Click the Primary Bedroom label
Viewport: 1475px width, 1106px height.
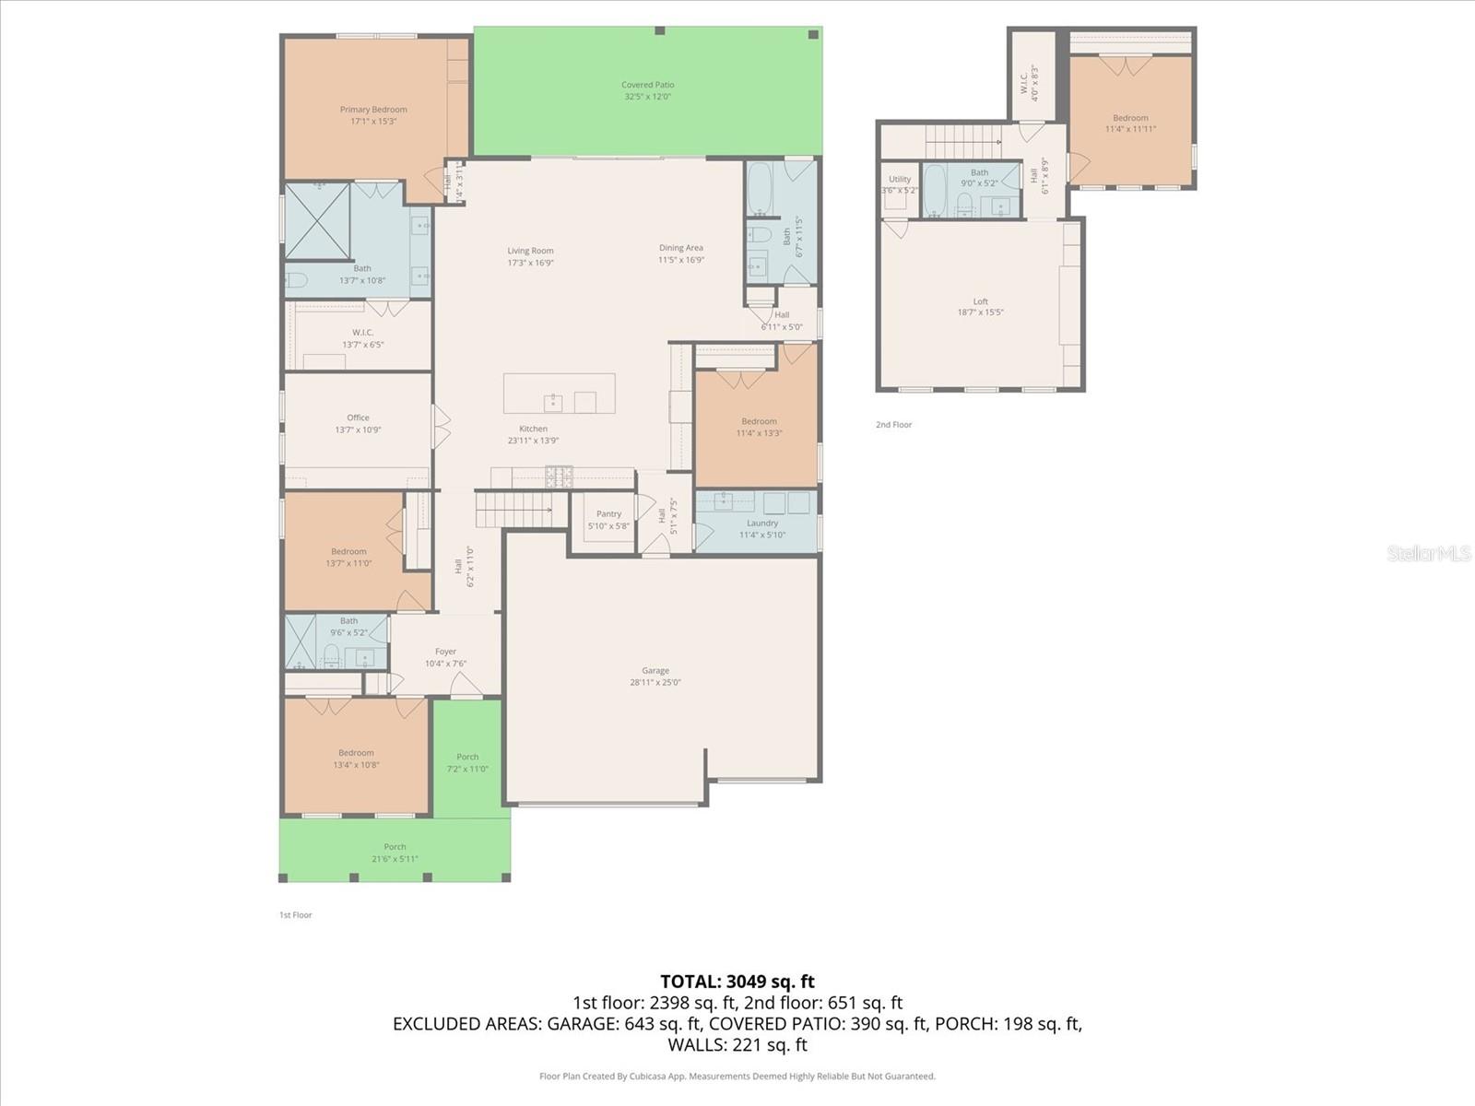(373, 110)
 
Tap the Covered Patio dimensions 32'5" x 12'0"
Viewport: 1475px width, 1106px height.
(647, 97)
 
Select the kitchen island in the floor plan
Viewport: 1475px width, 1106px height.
(559, 394)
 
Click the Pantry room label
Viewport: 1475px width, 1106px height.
(608, 514)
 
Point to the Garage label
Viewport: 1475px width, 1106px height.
(655, 671)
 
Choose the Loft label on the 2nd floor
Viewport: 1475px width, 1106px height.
(980, 301)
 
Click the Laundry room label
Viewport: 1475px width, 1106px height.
(762, 523)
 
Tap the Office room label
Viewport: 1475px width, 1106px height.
(358, 418)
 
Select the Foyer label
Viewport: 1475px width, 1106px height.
(445, 652)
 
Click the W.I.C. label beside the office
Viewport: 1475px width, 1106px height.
(362, 333)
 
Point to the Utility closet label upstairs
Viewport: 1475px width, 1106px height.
(900, 180)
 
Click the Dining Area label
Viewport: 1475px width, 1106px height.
(680, 248)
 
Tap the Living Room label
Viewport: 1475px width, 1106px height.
(530, 251)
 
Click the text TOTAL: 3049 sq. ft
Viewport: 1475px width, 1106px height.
(737, 982)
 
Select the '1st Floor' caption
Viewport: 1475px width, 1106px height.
(296, 915)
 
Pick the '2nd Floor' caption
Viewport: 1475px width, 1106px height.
(893, 425)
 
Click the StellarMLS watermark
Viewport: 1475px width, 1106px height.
(1429, 553)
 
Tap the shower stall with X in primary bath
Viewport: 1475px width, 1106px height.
(316, 221)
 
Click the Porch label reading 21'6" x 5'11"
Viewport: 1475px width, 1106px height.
(395, 859)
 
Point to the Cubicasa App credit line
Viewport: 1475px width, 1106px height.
(737, 1076)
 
